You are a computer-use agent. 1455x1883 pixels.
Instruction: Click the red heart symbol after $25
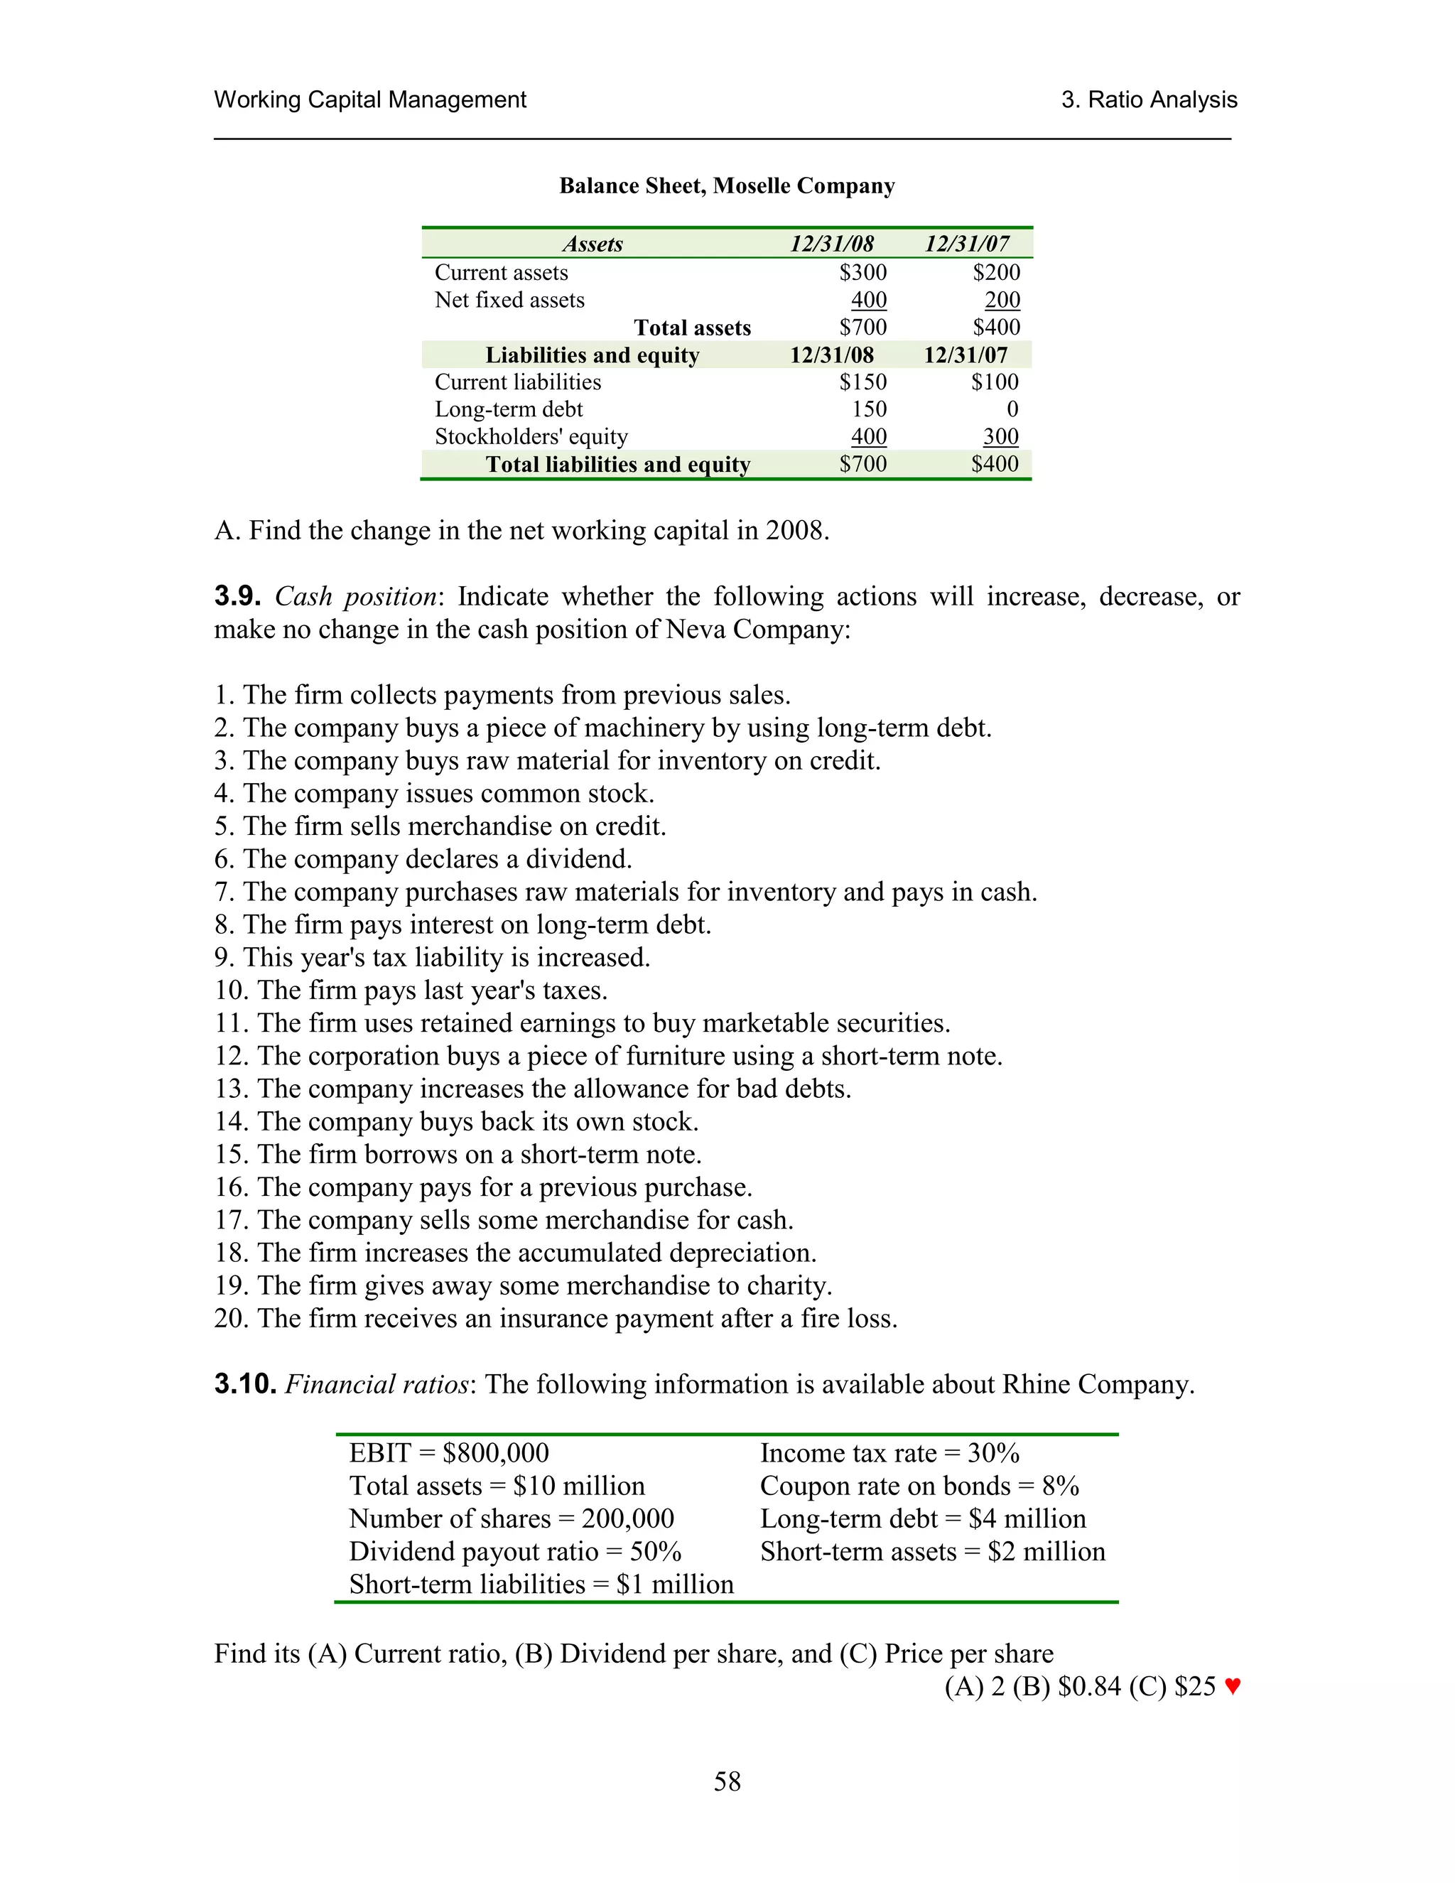[1232, 1686]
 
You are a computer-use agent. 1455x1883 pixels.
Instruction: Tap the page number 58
[727, 1781]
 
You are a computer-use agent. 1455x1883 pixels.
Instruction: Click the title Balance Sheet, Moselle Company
[727, 186]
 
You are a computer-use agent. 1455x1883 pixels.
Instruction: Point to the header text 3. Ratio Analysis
[1148, 100]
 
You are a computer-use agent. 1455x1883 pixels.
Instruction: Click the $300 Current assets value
[862, 272]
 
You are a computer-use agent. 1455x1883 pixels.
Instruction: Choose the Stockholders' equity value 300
[1001, 437]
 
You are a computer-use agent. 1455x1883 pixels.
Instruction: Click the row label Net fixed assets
[509, 300]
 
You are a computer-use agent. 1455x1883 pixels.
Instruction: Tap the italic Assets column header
[593, 244]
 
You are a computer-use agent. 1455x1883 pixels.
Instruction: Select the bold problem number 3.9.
[237, 597]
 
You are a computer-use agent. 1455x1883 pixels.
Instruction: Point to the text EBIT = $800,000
[448, 1454]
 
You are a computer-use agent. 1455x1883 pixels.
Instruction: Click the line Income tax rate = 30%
[889, 1454]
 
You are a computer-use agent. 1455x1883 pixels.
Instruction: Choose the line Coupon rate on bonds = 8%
[919, 1487]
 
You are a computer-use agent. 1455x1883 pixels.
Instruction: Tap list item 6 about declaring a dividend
[423, 860]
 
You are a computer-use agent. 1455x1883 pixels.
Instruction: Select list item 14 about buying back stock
[457, 1122]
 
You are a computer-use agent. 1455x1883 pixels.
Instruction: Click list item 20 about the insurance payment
[556, 1318]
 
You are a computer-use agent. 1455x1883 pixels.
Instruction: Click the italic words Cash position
[356, 597]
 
